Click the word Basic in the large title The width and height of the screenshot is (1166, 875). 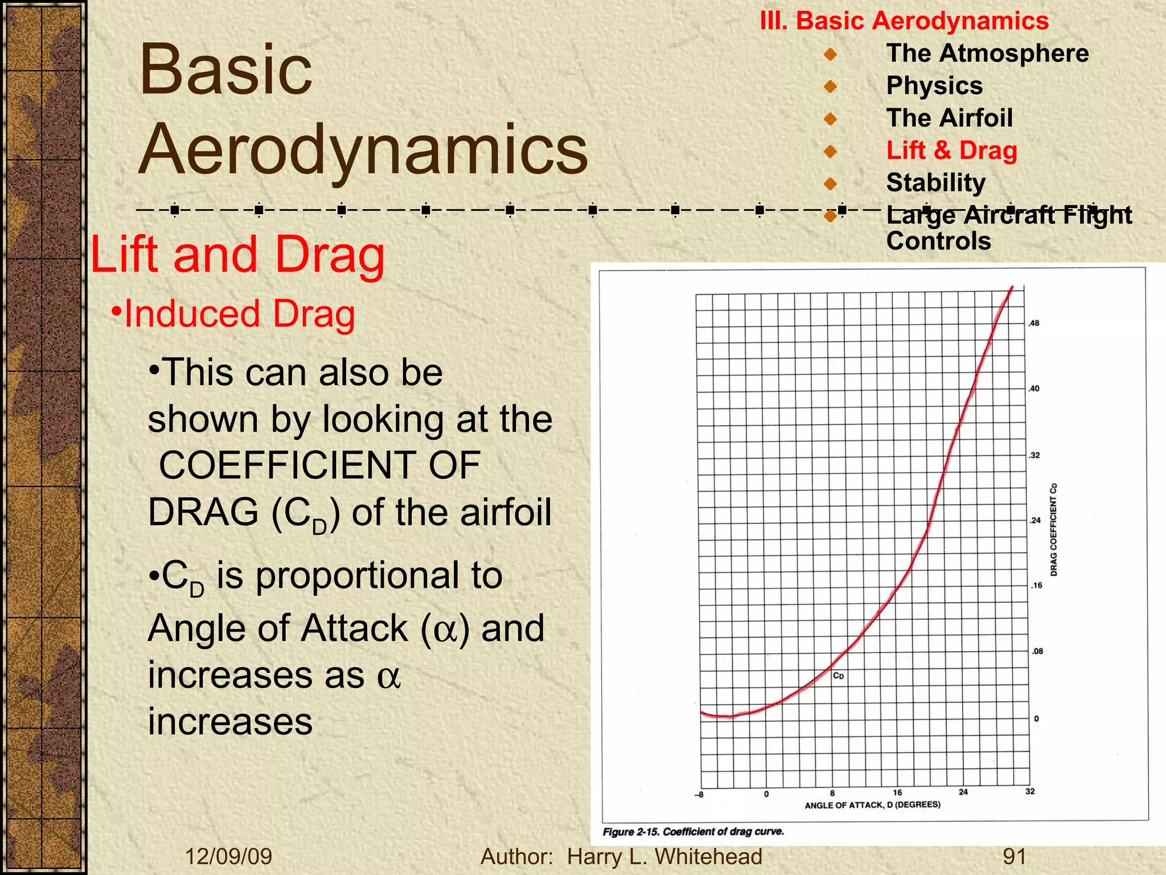225,71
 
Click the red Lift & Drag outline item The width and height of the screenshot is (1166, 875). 951,151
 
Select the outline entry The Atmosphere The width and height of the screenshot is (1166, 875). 987,54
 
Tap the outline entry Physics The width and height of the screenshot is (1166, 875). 934,86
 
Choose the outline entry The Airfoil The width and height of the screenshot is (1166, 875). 949,118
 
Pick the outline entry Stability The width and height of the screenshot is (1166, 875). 935,183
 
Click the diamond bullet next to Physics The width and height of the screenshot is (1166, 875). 830,87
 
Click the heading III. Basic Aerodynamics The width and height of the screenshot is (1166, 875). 904,21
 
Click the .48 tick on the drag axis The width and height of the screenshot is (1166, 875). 1033,324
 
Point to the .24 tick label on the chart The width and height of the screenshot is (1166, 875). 1034,520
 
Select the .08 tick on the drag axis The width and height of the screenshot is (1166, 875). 1037,651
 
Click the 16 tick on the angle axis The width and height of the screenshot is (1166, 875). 897,792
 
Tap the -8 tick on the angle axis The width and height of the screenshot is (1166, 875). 699,795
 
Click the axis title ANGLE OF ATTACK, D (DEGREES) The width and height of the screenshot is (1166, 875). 872,805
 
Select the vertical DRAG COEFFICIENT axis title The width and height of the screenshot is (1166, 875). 1053,530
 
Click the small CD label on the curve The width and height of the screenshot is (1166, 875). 838,676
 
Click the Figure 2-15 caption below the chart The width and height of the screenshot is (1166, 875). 693,832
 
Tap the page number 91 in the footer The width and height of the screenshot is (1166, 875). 1014,857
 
